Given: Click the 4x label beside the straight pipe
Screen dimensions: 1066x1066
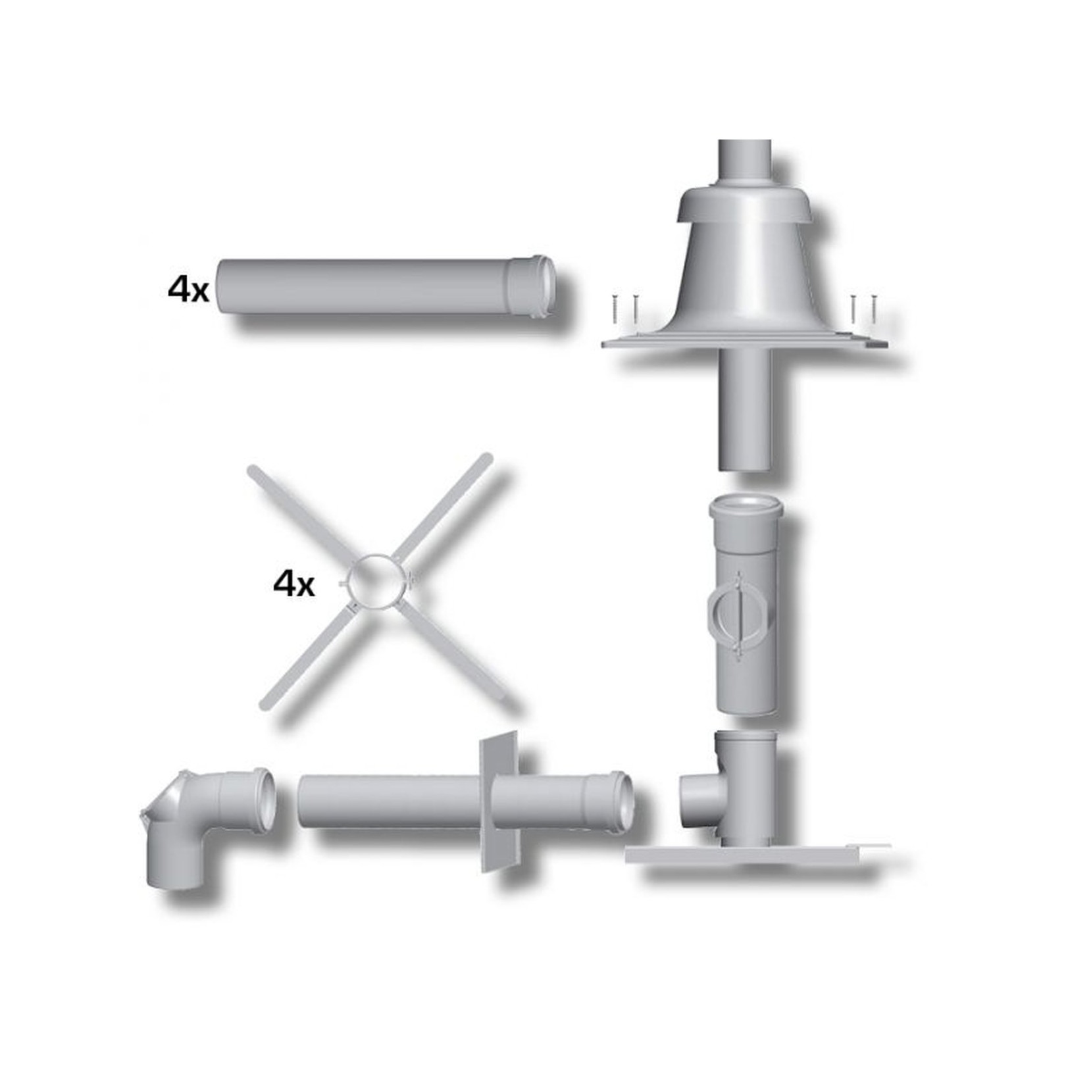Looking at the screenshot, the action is (188, 290).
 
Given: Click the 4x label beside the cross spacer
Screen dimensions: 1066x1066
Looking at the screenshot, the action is (293, 584).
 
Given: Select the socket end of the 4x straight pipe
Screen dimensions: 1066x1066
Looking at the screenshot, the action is (533, 287).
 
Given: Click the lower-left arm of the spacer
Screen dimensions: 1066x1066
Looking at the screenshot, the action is (307, 658).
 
